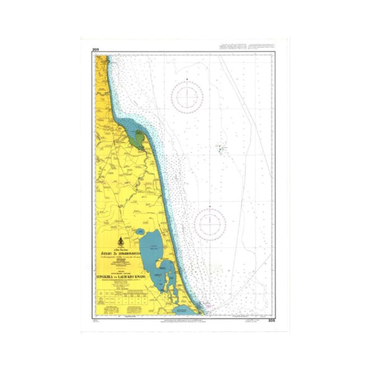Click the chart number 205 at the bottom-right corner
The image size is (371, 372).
[x=271, y=321]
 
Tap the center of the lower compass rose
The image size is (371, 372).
[x=210, y=224]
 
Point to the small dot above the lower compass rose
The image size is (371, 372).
[x=210, y=206]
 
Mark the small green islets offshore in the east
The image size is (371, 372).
[x=220, y=148]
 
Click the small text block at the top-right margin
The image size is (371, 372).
[x=247, y=48]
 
